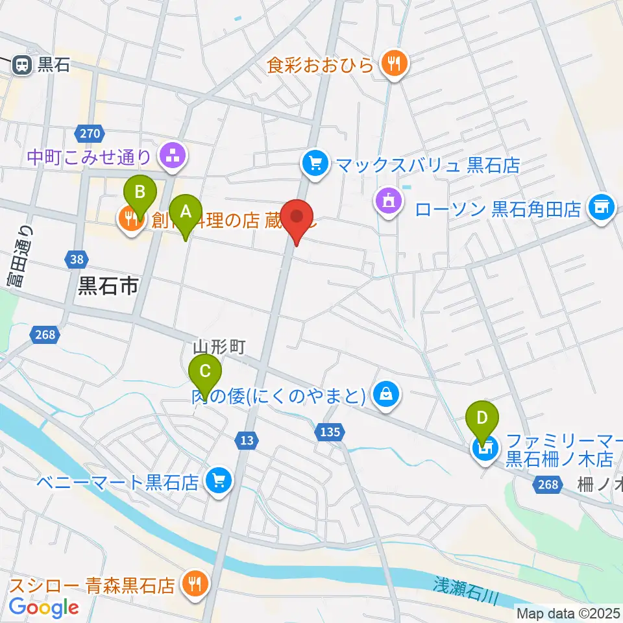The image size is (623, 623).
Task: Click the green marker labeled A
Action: (186, 212)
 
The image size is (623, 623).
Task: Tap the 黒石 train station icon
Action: (22, 64)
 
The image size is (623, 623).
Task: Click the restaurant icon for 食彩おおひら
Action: (393, 64)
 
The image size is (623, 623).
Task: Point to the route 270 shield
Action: (89, 134)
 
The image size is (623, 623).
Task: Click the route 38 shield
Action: (76, 260)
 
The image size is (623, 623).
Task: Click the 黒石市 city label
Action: (108, 286)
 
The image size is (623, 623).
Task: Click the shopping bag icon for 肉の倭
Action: (386, 394)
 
